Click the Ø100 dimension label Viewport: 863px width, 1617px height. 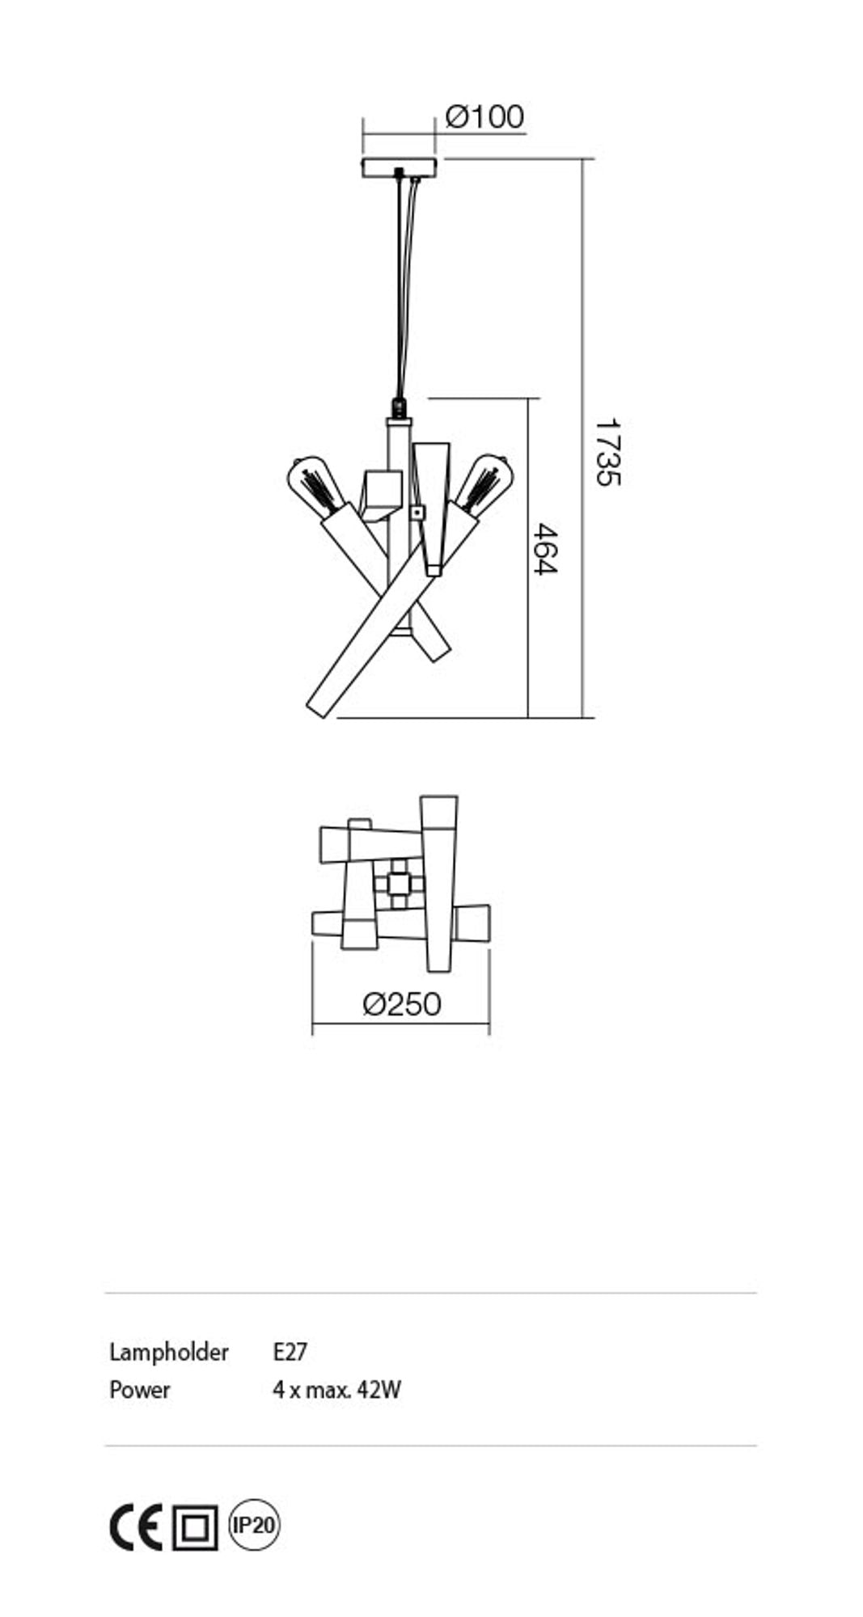tap(484, 116)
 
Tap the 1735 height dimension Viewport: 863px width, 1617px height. tap(607, 452)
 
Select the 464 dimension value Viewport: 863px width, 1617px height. tap(546, 549)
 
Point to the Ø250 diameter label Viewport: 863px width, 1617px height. tap(402, 1004)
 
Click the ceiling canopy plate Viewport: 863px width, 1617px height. tap(399, 167)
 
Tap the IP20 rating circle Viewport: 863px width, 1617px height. tap(254, 1525)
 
